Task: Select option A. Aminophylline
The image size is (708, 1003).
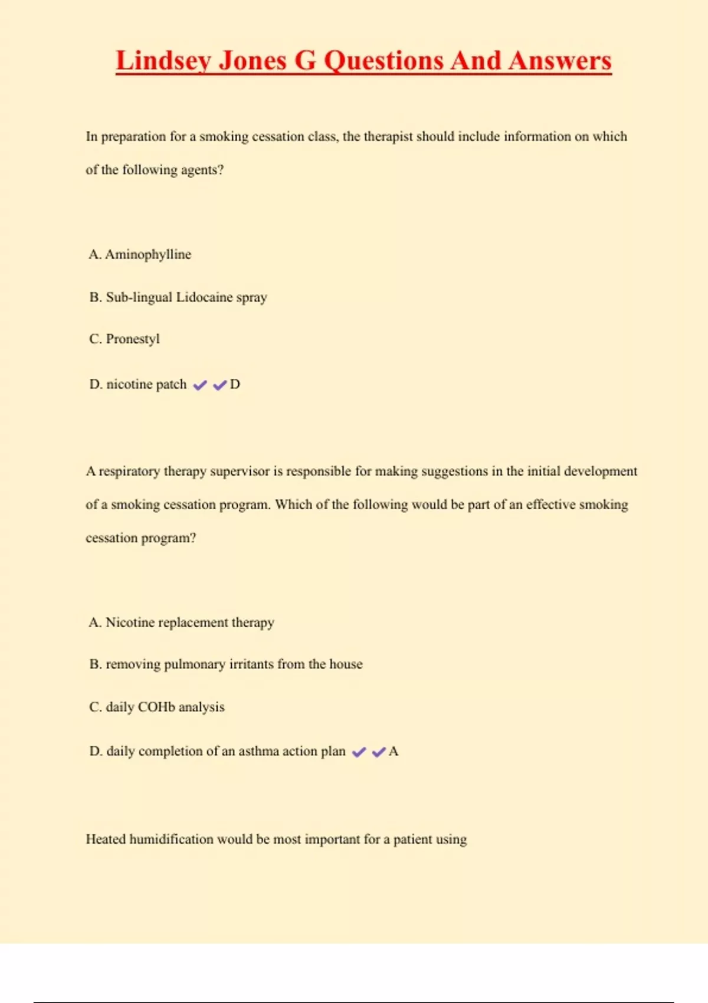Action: point(140,254)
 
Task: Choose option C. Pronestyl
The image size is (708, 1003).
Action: point(124,339)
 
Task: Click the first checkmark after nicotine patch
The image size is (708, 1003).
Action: point(200,385)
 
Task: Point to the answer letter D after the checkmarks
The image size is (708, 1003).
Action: point(235,385)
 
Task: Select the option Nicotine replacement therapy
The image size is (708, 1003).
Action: point(182,622)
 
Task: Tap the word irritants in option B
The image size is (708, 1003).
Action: point(251,664)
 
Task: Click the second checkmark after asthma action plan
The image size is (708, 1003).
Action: point(379,752)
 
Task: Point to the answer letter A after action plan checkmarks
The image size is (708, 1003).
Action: point(394,751)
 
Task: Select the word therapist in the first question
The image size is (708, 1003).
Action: point(388,137)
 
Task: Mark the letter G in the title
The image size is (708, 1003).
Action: point(305,61)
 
